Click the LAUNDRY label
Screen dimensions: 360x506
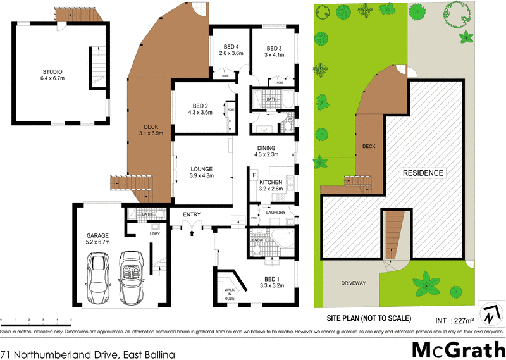click(x=276, y=213)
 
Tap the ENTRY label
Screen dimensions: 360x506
click(x=192, y=214)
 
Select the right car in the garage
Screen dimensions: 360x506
click(x=132, y=276)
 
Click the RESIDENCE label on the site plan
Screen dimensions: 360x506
click(x=423, y=173)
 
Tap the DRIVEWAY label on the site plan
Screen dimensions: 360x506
click(x=354, y=283)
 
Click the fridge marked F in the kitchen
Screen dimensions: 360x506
click(x=254, y=173)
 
